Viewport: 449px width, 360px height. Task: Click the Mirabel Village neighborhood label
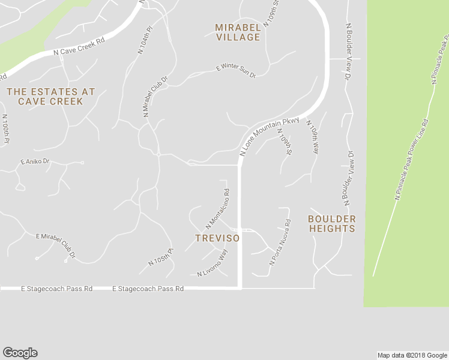tap(238, 32)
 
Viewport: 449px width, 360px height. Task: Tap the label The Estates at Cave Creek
tap(50, 97)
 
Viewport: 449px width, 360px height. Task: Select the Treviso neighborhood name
tap(217, 238)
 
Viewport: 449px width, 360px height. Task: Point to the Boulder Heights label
tap(332, 224)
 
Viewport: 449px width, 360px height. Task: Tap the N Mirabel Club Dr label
tap(154, 95)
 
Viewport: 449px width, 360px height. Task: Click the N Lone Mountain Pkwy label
tap(269, 136)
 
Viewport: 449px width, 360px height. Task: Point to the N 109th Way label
tap(313, 137)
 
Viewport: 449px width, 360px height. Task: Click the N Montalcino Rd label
tap(218, 209)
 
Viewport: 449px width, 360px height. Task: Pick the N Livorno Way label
tap(213, 263)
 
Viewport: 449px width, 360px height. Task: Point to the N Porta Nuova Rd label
tap(280, 242)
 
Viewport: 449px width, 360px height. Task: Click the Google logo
tap(20, 353)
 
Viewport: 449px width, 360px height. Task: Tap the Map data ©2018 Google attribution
tap(412, 355)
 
